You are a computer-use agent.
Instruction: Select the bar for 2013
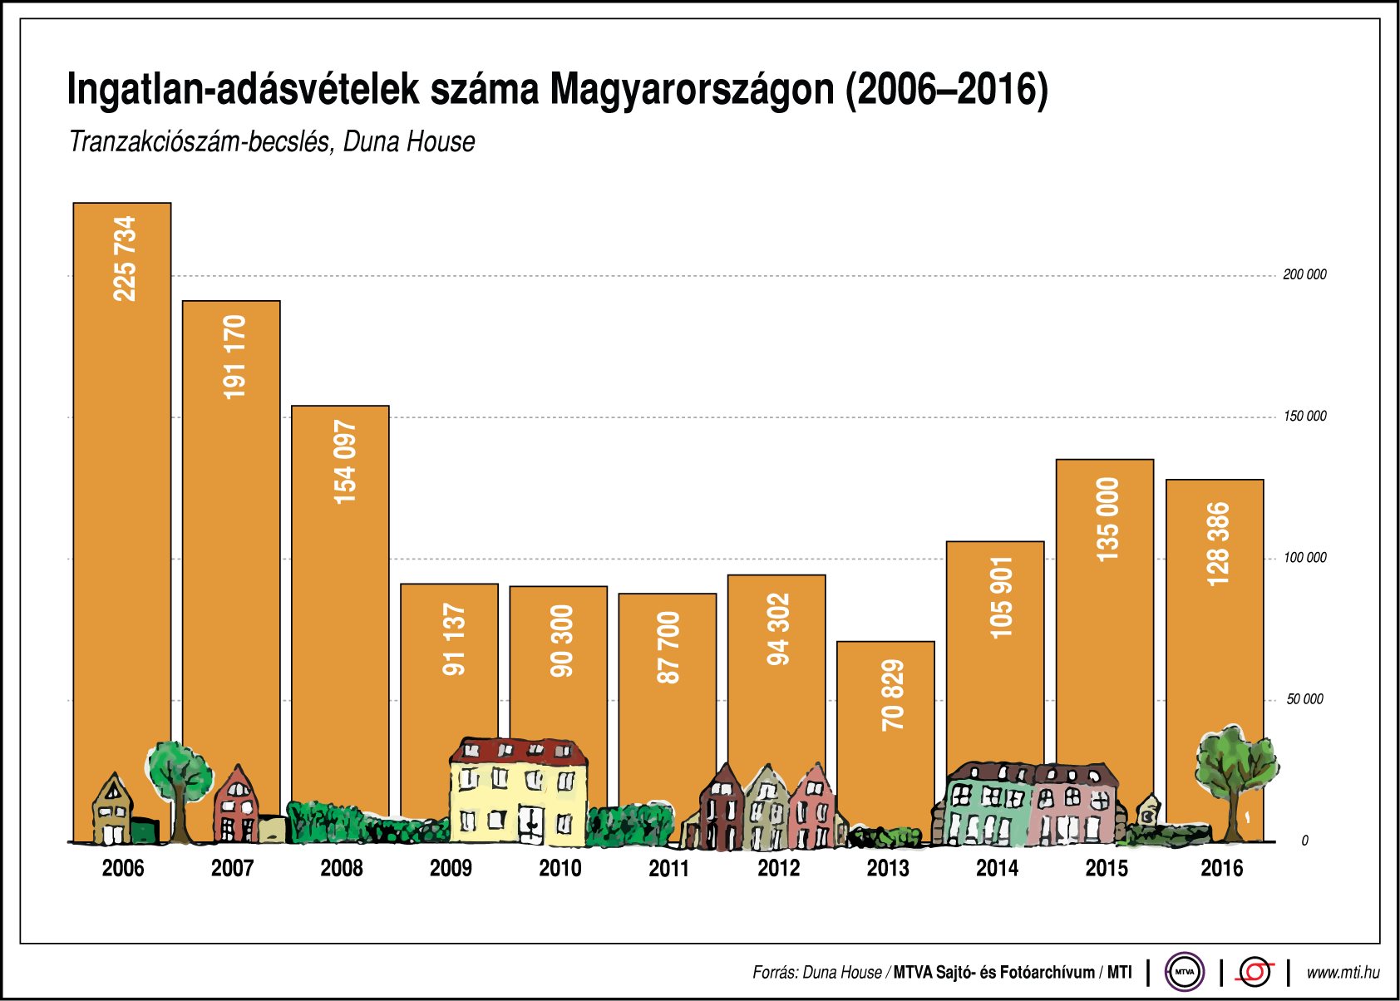[885, 732]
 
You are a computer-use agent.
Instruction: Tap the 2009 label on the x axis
[451, 868]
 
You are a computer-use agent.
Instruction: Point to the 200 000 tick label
[1304, 274]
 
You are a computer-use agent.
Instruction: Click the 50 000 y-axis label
[1304, 699]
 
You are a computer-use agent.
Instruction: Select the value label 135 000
[1107, 519]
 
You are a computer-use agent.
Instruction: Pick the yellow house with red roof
[518, 790]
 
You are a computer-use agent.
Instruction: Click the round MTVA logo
[1184, 971]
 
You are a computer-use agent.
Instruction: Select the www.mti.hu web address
[1343, 972]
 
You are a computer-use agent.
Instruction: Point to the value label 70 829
[892, 695]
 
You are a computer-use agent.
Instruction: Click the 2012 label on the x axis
[778, 868]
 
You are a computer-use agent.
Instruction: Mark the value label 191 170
[234, 357]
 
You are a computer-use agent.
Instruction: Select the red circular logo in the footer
[1255, 971]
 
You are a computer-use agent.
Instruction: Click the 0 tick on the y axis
[1304, 841]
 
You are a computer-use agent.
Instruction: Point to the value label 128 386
[1216, 544]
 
